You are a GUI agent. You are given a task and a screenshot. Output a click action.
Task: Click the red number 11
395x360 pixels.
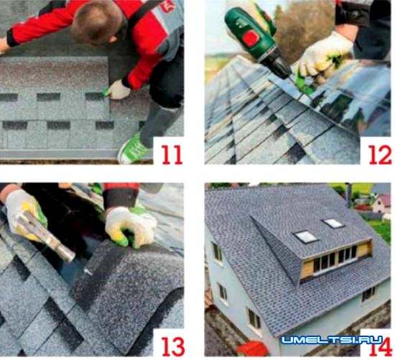(172, 154)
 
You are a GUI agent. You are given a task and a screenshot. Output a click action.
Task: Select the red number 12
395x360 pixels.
(380, 154)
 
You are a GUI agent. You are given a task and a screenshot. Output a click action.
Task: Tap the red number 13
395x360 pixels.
(173, 346)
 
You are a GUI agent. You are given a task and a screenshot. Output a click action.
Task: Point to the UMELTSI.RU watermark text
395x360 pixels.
(332, 340)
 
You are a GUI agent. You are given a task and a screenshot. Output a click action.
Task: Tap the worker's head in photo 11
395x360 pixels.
(99, 22)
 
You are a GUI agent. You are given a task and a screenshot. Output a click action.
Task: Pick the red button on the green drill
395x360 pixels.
(251, 38)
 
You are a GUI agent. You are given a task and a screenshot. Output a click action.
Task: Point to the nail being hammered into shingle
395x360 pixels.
(88, 272)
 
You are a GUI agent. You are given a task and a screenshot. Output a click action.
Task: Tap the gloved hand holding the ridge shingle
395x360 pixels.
(130, 227)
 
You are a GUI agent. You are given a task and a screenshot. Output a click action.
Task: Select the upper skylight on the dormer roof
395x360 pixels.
(333, 223)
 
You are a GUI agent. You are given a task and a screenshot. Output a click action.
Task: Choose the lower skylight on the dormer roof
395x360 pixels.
(305, 237)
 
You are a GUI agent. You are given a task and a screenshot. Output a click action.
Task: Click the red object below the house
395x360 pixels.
(254, 349)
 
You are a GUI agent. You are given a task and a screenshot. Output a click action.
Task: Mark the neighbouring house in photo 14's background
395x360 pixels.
(381, 204)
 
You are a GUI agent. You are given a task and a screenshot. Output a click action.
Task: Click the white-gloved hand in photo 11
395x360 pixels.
(118, 90)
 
